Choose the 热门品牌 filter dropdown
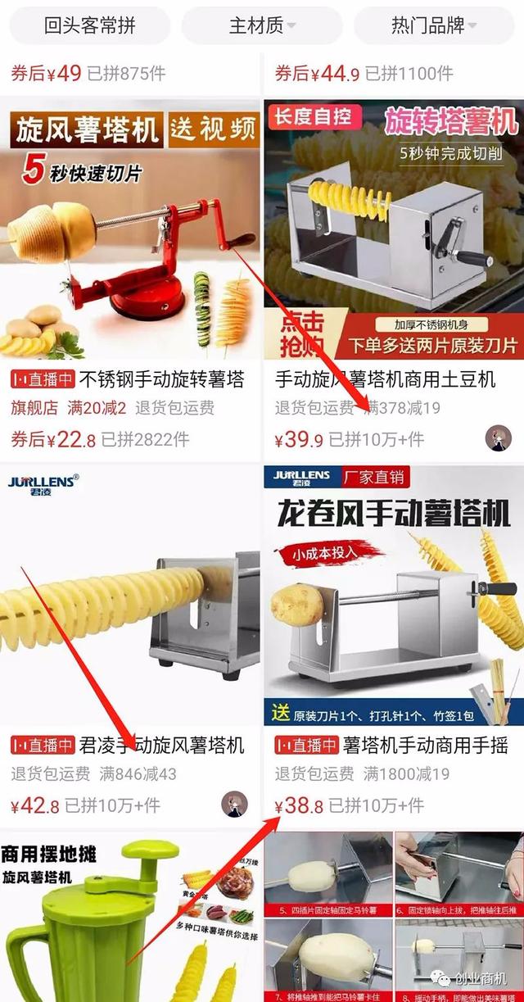[435, 25]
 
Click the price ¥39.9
[299, 440]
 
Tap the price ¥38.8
[299, 805]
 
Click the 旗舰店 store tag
[35, 408]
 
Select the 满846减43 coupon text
[138, 773]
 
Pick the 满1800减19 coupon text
[406, 773]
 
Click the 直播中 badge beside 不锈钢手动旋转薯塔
[43, 380]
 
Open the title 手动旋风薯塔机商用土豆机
[385, 380]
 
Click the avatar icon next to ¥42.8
[235, 804]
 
